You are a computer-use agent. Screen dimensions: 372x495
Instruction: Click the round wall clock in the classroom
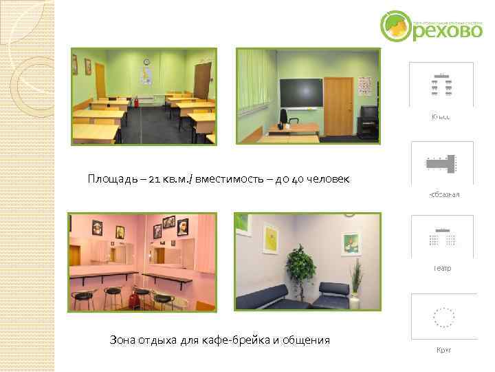coord(146,63)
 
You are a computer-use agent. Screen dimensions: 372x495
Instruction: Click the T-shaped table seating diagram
coord(443,164)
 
